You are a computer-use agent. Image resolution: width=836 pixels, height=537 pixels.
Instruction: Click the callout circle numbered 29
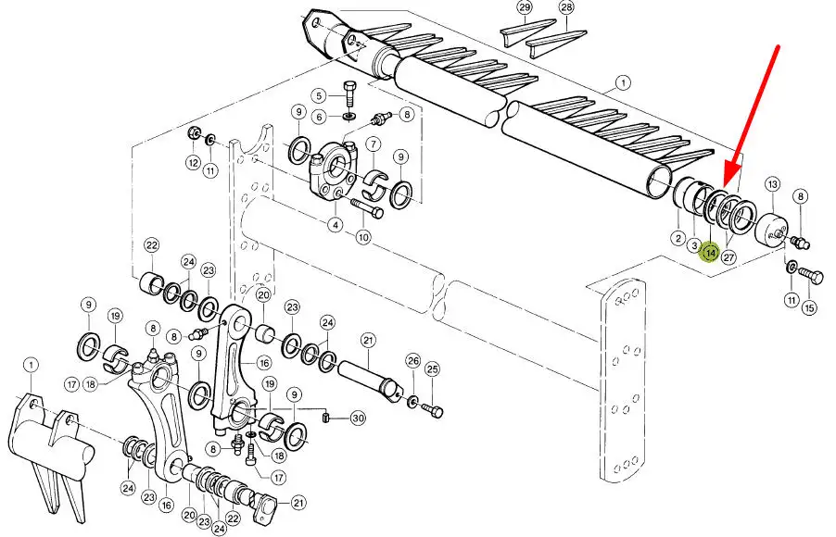[525, 7]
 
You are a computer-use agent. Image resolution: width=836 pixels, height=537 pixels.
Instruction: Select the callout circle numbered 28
[566, 7]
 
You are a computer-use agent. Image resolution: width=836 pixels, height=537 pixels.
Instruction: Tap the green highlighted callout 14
[710, 253]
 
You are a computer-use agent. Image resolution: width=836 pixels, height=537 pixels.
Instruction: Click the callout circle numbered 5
[319, 96]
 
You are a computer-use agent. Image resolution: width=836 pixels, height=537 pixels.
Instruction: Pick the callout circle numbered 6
[319, 116]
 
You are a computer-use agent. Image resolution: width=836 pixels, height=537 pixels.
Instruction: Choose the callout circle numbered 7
[374, 144]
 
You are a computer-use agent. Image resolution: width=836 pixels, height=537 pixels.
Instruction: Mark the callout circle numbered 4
[336, 225]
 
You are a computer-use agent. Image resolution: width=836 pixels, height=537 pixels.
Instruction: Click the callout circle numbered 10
[363, 236]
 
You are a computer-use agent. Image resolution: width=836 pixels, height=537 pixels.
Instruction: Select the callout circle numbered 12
[193, 163]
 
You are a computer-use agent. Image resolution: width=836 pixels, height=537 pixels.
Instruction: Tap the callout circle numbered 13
[773, 185]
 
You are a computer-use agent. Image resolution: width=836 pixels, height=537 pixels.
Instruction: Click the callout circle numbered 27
[728, 257]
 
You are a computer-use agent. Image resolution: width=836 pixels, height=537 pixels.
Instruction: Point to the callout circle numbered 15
[809, 307]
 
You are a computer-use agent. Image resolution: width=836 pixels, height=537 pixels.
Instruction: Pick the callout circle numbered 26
[413, 361]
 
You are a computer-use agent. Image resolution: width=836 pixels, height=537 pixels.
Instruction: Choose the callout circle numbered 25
[433, 368]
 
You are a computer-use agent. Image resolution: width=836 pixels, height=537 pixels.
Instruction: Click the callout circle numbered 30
[358, 418]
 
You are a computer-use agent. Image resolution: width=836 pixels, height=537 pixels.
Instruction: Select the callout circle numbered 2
[678, 238]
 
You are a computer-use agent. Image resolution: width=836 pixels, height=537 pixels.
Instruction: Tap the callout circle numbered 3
[694, 245]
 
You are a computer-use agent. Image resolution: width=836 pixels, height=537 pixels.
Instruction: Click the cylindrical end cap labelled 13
[770, 229]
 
